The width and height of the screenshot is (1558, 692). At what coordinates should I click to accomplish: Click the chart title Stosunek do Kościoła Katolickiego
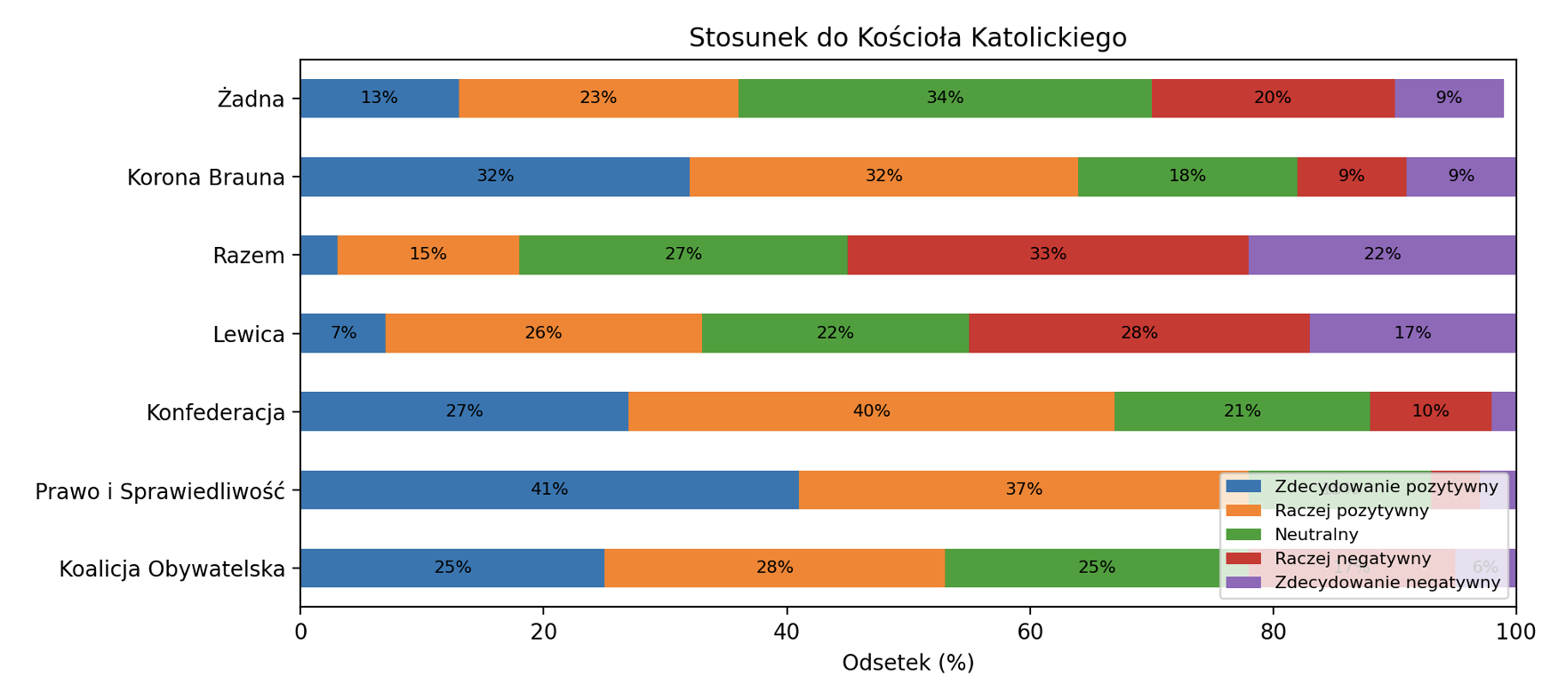click(x=907, y=38)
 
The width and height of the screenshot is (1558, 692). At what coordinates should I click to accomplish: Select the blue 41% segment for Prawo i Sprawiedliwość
click(x=549, y=489)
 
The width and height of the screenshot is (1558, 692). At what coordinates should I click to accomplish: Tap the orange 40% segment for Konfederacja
click(x=871, y=411)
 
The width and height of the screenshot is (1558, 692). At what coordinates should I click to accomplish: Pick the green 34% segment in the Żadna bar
click(x=945, y=98)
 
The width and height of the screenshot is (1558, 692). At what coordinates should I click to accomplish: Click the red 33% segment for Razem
click(x=1048, y=255)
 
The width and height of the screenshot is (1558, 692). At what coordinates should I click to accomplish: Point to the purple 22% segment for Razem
click(x=1382, y=255)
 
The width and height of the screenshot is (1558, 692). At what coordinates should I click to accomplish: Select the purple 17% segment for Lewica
click(x=1412, y=333)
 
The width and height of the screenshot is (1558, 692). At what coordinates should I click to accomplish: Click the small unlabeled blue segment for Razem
click(x=319, y=255)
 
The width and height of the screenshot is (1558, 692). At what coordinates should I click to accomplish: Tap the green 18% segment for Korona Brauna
click(x=1187, y=177)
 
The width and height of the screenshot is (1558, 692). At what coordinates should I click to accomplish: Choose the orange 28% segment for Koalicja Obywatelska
click(x=774, y=568)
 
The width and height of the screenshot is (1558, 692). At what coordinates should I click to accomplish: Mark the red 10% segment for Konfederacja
click(x=1430, y=411)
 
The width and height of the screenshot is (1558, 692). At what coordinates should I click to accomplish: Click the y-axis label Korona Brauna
click(x=206, y=178)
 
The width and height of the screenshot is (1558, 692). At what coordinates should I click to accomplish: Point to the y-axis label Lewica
click(x=249, y=335)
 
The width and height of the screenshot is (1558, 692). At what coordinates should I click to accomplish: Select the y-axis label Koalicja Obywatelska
click(x=172, y=569)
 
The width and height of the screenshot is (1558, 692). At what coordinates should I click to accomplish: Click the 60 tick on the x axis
click(x=1030, y=632)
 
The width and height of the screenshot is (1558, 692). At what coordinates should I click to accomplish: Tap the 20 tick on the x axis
click(x=543, y=632)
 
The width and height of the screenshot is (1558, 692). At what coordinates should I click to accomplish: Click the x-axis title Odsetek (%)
click(x=907, y=664)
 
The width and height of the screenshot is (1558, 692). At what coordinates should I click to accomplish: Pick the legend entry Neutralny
click(x=1316, y=535)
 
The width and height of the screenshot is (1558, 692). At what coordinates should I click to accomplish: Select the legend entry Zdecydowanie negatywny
click(x=1387, y=583)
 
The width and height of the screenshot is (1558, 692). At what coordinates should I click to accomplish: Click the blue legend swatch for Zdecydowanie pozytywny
click(x=1243, y=486)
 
